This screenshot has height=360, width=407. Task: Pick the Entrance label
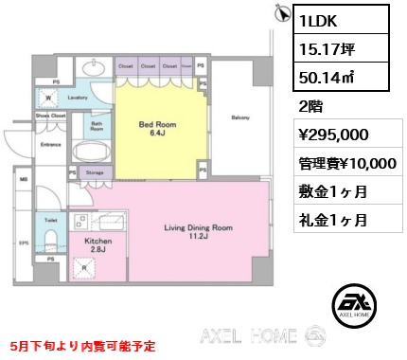pos(50,145)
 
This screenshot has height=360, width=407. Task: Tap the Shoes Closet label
pos(50,116)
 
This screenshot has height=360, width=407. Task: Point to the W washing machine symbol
pos(47,96)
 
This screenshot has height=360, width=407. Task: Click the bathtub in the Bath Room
pos(91,152)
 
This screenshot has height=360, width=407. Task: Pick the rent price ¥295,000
pos(332,135)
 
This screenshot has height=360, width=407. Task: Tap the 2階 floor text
pos(312,106)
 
